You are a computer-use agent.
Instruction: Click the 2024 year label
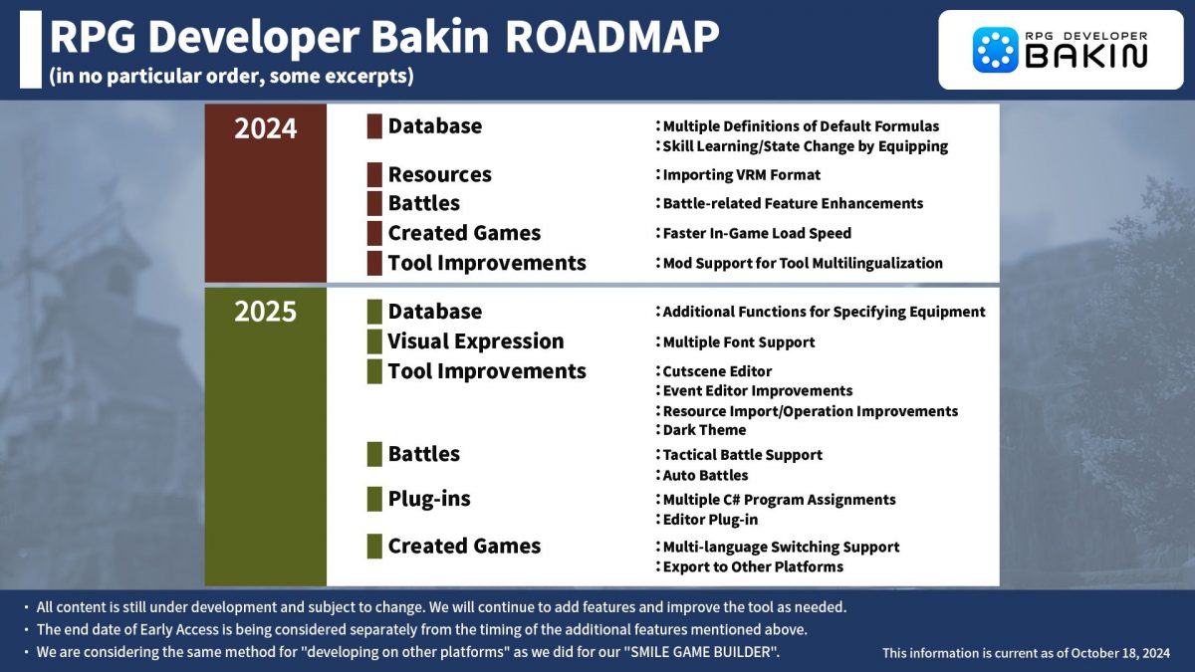click(265, 128)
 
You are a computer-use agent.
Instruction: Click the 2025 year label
click(265, 312)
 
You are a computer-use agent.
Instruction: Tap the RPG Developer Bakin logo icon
click(995, 50)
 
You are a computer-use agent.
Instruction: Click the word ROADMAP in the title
click(611, 38)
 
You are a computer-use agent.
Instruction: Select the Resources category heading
click(439, 174)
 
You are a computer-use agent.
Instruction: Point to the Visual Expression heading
click(475, 341)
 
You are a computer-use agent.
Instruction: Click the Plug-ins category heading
click(429, 499)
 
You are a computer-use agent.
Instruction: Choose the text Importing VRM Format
click(741, 175)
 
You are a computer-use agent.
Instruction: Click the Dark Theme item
click(704, 430)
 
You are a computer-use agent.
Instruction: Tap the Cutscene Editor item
click(717, 371)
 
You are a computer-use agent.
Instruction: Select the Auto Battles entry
click(705, 476)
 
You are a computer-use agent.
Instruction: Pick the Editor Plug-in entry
click(710, 520)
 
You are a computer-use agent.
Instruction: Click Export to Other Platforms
click(752, 566)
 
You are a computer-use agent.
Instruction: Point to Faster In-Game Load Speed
click(757, 234)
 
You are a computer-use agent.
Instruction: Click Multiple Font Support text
click(738, 342)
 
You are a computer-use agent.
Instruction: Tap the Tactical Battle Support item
click(742, 455)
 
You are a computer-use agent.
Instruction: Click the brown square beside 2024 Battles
click(374, 204)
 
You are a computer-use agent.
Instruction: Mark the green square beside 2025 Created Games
click(374, 547)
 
